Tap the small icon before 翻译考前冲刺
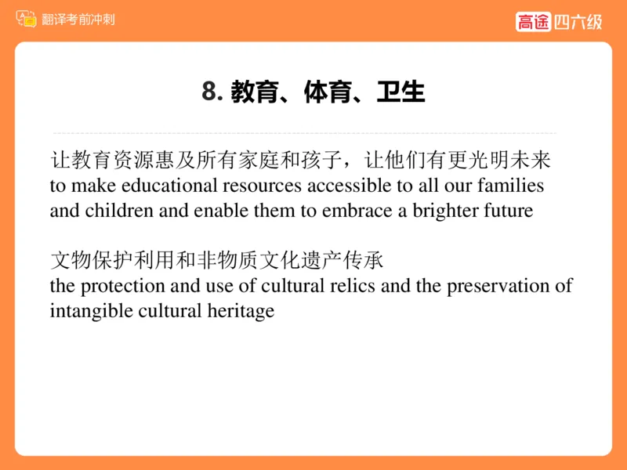tap(27, 19)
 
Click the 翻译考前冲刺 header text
tap(78, 19)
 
